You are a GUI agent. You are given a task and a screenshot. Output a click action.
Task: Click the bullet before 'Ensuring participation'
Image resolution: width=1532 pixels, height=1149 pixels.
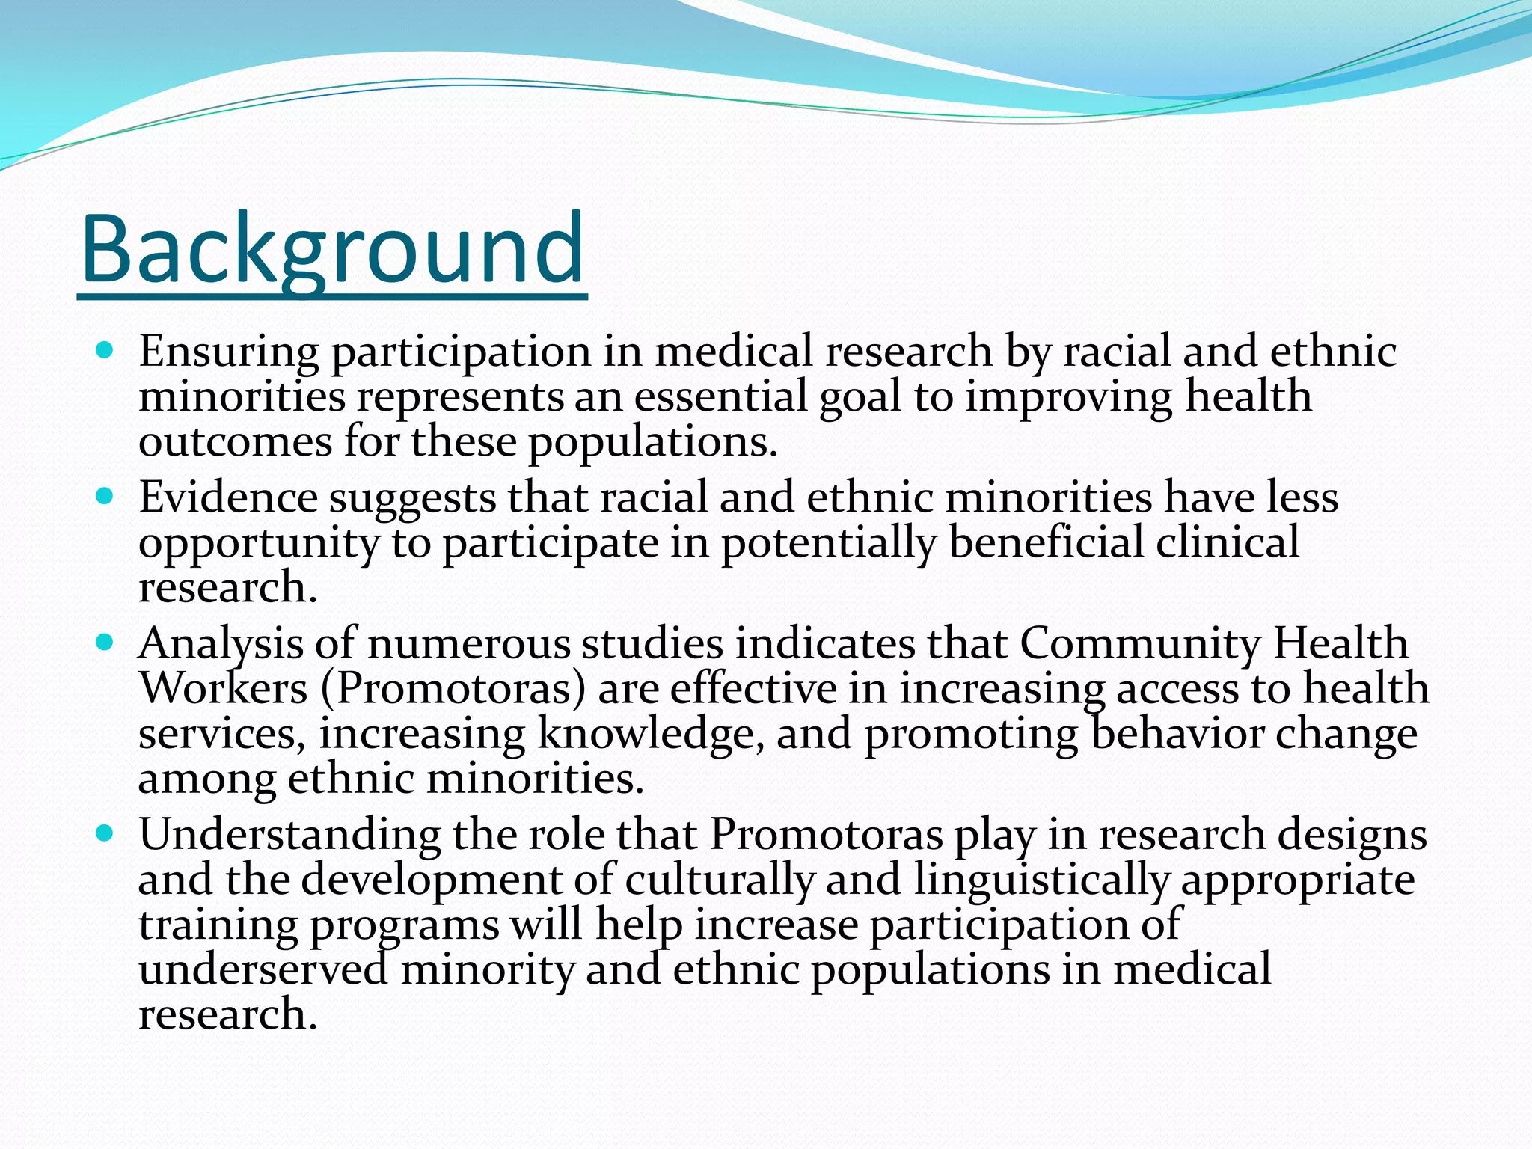[x=105, y=349]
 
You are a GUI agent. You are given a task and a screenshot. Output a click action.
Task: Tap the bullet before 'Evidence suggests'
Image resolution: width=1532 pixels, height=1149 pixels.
[x=105, y=495]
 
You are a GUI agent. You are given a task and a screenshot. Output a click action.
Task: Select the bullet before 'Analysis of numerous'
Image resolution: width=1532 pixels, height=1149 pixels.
[x=105, y=641]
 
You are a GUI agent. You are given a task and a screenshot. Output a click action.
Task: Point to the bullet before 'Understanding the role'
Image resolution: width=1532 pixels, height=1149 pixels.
[x=105, y=832]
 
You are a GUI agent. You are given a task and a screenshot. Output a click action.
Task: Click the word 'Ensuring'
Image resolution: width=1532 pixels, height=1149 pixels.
[x=228, y=352]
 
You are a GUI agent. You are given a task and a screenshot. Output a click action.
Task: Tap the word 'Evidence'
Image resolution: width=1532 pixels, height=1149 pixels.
[x=228, y=497]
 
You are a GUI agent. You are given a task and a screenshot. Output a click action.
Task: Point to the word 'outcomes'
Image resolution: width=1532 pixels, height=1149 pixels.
[x=235, y=441]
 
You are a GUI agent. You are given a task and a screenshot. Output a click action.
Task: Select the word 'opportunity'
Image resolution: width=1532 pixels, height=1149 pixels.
[x=259, y=544]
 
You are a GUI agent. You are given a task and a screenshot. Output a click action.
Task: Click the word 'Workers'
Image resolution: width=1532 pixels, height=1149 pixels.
[x=223, y=688]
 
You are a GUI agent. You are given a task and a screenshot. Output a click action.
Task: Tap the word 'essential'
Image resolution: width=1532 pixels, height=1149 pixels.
[x=721, y=396]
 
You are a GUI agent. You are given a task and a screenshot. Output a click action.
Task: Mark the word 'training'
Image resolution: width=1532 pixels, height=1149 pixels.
[x=218, y=925]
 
